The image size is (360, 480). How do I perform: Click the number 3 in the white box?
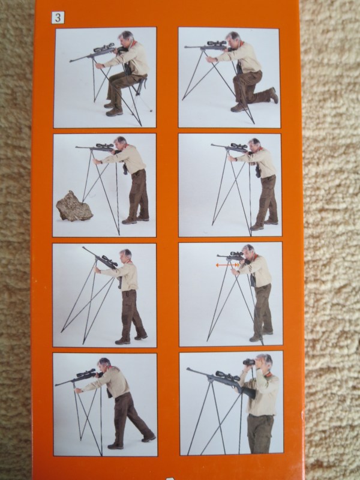point(58,17)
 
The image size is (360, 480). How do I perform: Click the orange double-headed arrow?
point(227,265)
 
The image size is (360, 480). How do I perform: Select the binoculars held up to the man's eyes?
point(249,362)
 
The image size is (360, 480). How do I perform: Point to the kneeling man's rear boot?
point(273,95)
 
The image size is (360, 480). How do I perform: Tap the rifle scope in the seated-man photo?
point(104,48)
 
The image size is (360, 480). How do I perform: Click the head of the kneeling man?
point(233,38)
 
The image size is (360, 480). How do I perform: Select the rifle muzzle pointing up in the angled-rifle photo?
point(83,248)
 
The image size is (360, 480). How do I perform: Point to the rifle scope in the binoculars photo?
point(227,376)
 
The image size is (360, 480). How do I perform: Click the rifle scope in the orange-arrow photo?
point(236,254)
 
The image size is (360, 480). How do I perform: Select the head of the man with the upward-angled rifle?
point(125,256)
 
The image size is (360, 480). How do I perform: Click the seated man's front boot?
point(114,112)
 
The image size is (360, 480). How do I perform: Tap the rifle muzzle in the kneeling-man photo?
point(186,47)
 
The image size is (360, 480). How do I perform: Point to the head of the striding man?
point(104,364)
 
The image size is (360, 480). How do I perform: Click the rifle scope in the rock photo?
point(104,145)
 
